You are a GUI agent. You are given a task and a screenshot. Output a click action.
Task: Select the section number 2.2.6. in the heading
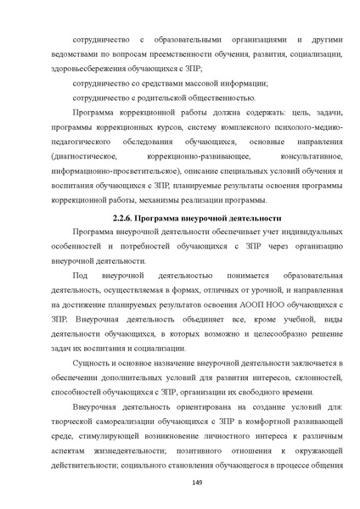pyautogui.click(x=127, y=218)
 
